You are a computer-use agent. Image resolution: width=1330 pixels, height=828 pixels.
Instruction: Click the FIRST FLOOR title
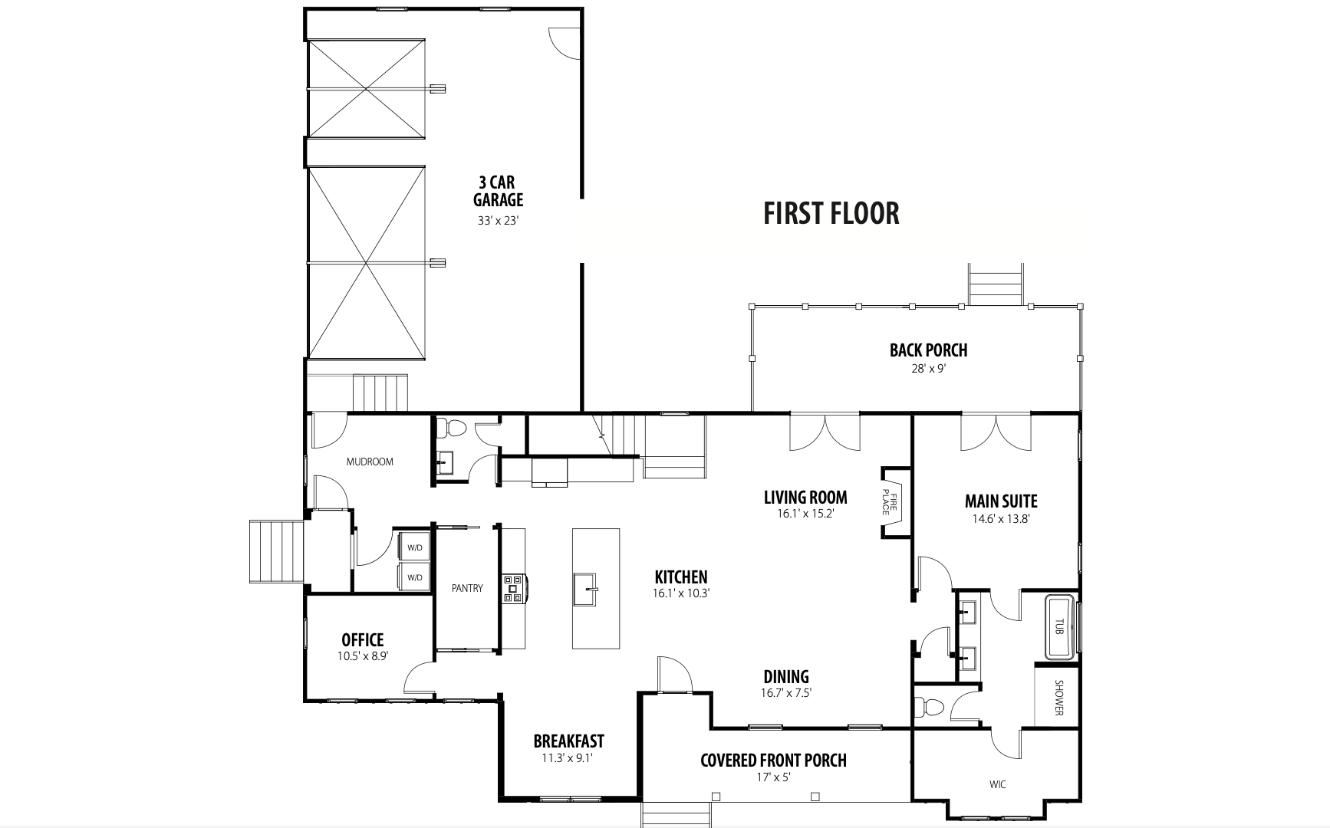831,213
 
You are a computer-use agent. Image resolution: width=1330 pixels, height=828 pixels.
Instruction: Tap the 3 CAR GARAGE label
499,191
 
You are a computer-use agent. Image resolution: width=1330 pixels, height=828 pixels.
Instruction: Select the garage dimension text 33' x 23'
499,221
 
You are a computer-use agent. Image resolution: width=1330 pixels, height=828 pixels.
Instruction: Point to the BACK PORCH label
928,350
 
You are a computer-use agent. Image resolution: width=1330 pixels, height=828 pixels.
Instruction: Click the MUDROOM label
370,462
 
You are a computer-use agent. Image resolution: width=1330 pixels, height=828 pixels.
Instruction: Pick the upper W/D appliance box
415,547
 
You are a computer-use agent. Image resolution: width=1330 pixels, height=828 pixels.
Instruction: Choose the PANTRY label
467,588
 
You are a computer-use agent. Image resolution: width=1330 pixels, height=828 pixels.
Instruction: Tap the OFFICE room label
363,639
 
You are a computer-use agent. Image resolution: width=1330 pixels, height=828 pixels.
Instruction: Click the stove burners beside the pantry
513,588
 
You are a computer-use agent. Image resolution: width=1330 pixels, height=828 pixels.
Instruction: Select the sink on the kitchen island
595,589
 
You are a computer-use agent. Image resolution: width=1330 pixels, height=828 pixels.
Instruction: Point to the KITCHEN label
681,577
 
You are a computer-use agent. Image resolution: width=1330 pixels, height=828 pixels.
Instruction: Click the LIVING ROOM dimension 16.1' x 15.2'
805,514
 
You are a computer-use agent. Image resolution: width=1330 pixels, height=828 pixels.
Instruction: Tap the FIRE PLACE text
889,501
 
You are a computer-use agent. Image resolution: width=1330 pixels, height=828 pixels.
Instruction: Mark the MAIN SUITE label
1001,501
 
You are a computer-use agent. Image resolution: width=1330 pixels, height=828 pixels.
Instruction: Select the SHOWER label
1058,698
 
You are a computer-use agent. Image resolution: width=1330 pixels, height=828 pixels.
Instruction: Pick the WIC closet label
998,784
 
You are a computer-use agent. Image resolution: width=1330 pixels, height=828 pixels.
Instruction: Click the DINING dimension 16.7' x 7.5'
786,693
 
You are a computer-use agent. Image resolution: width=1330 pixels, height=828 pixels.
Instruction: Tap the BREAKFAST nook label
569,741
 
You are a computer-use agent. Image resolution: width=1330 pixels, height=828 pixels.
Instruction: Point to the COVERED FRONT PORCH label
774,761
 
